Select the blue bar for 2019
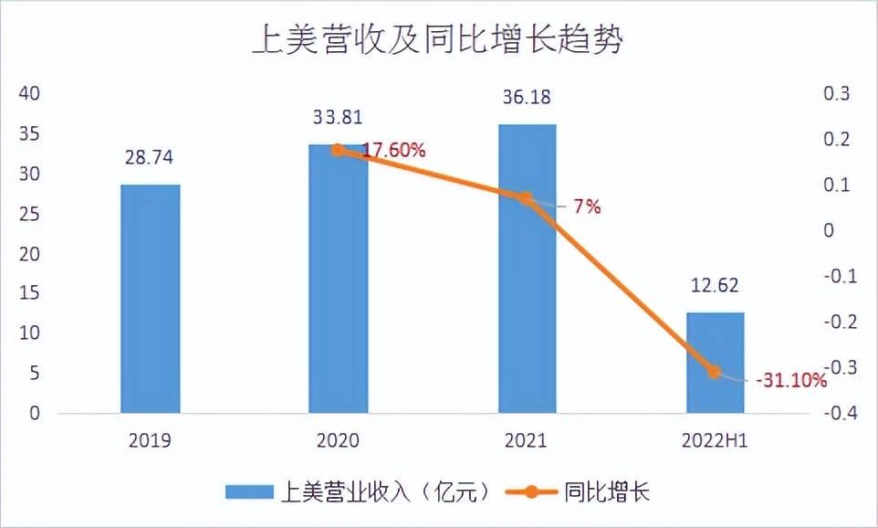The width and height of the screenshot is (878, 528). [150, 299]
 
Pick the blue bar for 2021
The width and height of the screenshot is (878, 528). [527, 269]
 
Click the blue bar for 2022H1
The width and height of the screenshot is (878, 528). [715, 363]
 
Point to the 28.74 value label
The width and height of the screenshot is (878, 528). [150, 157]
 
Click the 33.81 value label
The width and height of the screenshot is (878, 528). [338, 116]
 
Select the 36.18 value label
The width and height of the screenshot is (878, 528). [527, 96]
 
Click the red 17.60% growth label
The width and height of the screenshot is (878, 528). [394, 151]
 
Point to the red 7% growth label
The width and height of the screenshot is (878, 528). [587, 207]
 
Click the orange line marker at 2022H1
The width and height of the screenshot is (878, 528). [715, 372]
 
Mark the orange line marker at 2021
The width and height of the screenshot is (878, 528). [526, 198]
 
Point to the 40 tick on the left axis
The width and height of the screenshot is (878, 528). [31, 94]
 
